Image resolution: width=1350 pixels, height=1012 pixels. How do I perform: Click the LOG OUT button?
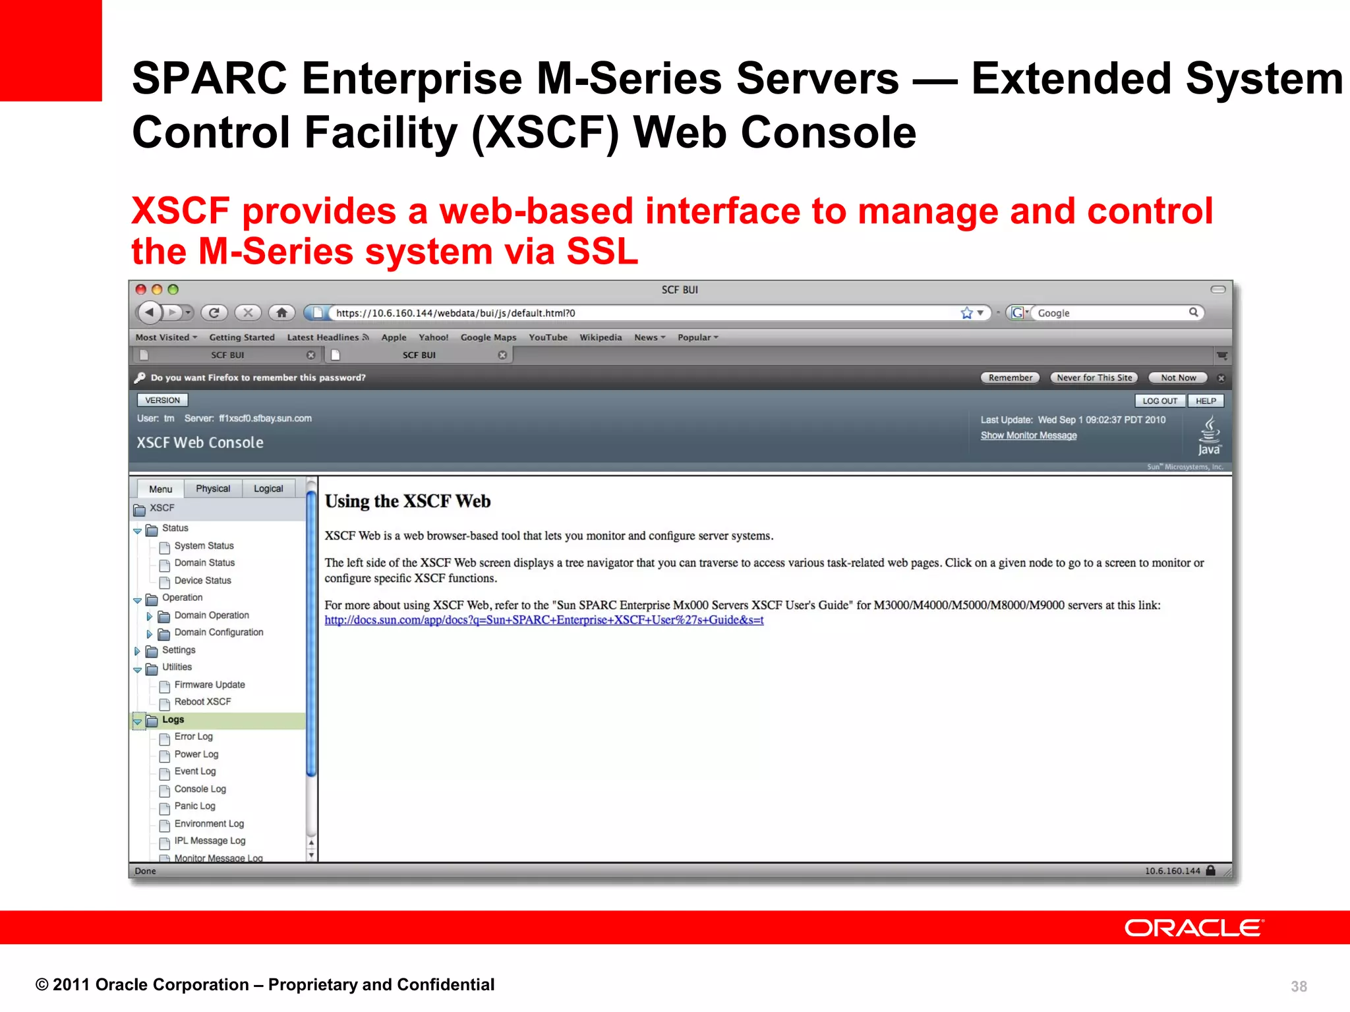[x=1159, y=401]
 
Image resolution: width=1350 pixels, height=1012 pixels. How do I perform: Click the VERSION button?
[x=162, y=400]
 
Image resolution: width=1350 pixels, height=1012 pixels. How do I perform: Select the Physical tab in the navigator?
[x=212, y=488]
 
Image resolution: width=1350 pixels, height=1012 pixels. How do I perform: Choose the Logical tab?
[x=268, y=488]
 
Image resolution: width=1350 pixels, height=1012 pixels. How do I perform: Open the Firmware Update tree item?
[x=209, y=685]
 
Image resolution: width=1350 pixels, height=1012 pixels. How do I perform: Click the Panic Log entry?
[x=194, y=806]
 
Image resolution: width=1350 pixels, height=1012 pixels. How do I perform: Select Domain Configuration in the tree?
[x=218, y=632]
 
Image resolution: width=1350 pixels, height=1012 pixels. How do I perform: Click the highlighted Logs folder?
[x=173, y=719]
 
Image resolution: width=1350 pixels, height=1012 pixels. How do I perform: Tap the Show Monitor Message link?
[x=1028, y=436]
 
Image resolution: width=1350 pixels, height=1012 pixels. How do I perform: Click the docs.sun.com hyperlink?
[x=544, y=620]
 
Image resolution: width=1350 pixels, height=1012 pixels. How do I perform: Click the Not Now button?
[x=1178, y=378]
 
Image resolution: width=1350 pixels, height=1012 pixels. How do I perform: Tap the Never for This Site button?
[x=1094, y=378]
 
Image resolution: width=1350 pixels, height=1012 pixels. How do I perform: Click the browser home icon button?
[x=282, y=313]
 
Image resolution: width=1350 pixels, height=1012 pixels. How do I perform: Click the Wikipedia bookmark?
[x=601, y=337]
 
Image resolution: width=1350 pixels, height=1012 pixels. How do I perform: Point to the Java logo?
[x=1209, y=436]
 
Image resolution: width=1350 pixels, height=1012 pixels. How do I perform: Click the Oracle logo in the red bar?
[x=1194, y=928]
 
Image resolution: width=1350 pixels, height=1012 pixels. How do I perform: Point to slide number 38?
[x=1299, y=986]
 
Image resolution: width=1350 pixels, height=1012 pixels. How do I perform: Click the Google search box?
[x=1111, y=313]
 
